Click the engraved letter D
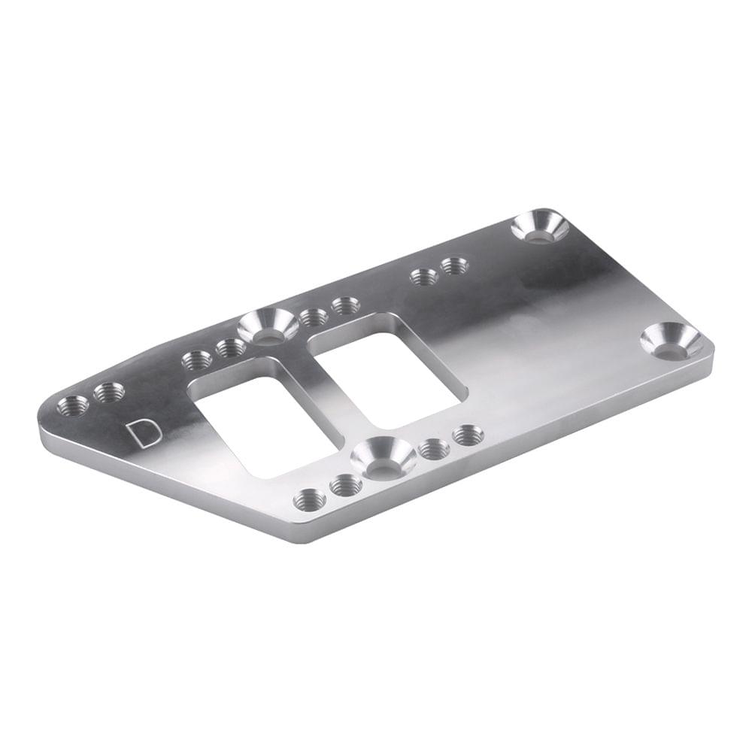[142, 434]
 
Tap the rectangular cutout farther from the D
[387, 368]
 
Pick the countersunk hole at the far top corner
[540, 227]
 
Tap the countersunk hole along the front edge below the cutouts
[384, 457]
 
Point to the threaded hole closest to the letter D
[110, 392]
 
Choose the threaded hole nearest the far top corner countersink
[455, 265]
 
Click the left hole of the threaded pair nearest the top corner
[424, 277]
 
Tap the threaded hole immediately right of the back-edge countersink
[313, 317]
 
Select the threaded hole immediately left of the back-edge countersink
[230, 347]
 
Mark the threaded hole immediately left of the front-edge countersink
[346, 486]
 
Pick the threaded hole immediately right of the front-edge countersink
[434, 449]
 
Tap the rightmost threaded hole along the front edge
[468, 435]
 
